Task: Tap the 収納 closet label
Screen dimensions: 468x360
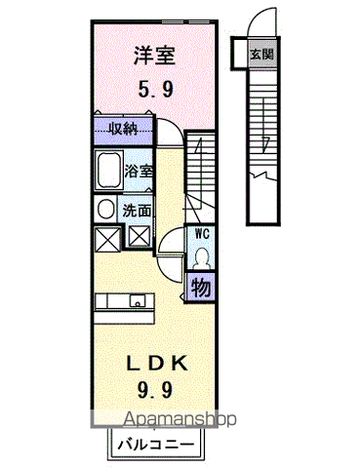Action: pos(123,129)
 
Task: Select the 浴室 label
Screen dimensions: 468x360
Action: pos(139,172)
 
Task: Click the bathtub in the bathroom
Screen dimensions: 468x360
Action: pos(107,172)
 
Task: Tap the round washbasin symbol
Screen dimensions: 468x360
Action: pos(103,209)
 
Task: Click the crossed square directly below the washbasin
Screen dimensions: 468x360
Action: pos(104,237)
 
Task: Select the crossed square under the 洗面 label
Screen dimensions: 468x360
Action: pos(139,236)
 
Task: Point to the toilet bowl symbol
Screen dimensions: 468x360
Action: pos(202,257)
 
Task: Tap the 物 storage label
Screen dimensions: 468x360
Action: pos(201,289)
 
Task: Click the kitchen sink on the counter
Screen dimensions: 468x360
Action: pos(139,301)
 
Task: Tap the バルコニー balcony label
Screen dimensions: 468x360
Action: pos(155,445)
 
